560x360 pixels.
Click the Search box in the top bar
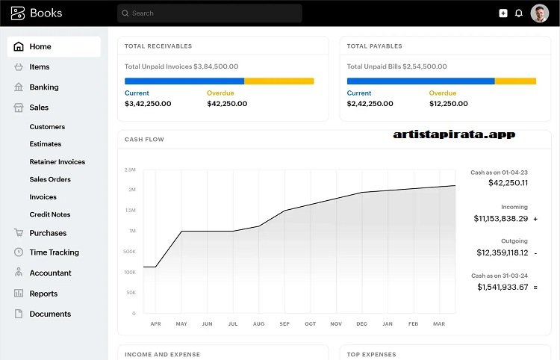click(209, 13)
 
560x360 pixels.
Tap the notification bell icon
click(519, 13)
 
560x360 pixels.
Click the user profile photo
click(539, 13)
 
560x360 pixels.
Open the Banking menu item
click(43, 87)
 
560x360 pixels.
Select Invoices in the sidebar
click(43, 197)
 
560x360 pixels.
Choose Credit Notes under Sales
click(49, 215)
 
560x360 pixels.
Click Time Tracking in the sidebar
click(54, 252)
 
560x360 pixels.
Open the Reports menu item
click(43, 294)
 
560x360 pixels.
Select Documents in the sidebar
click(50, 314)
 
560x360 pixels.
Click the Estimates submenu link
click(46, 144)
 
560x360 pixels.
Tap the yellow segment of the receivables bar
click(279, 81)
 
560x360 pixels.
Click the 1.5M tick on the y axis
click(129, 211)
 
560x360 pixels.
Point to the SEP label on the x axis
click(284, 324)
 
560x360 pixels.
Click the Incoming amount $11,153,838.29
click(500, 219)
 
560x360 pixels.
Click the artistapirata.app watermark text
click(454, 134)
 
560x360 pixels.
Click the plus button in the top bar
click(503, 13)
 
